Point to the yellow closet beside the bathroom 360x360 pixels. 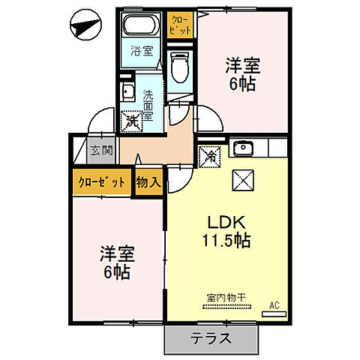pyautogui.click(x=180, y=23)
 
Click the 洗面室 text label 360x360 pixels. pyautogui.click(x=148, y=106)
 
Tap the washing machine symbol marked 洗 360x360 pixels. pyautogui.click(x=131, y=119)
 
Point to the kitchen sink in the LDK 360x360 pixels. pyautogui.click(x=242, y=148)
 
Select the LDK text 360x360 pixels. pyautogui.click(x=224, y=223)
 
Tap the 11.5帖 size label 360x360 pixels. pyautogui.click(x=225, y=241)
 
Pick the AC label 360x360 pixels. pyautogui.click(x=274, y=305)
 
